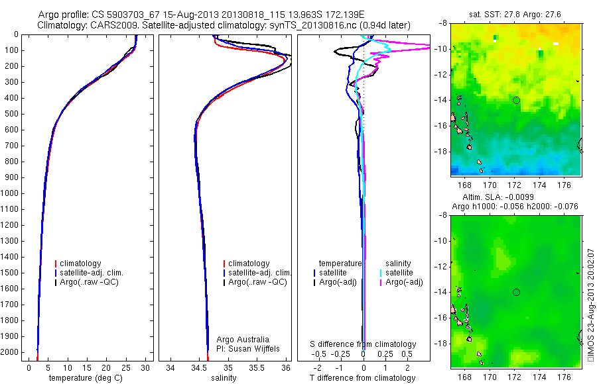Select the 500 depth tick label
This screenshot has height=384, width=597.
[16, 114]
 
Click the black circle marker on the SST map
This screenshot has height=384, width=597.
[516, 100]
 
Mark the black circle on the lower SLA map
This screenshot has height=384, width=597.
[516, 292]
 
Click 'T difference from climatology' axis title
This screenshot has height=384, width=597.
[362, 378]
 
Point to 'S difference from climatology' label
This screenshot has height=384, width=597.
[364, 344]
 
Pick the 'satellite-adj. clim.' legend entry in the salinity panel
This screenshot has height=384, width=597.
[259, 273]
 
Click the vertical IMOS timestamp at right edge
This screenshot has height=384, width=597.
[590, 305]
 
